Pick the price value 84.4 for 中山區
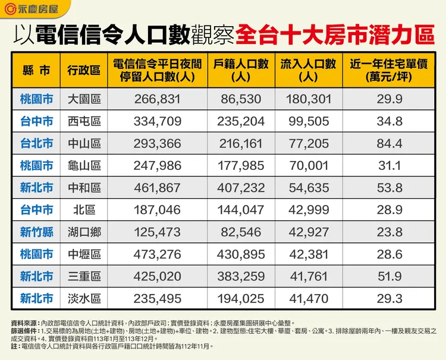click(x=390, y=144)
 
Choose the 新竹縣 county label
click(x=36, y=232)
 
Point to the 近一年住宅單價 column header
click(x=390, y=70)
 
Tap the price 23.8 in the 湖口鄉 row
click(x=390, y=232)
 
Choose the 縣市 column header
click(x=36, y=70)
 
